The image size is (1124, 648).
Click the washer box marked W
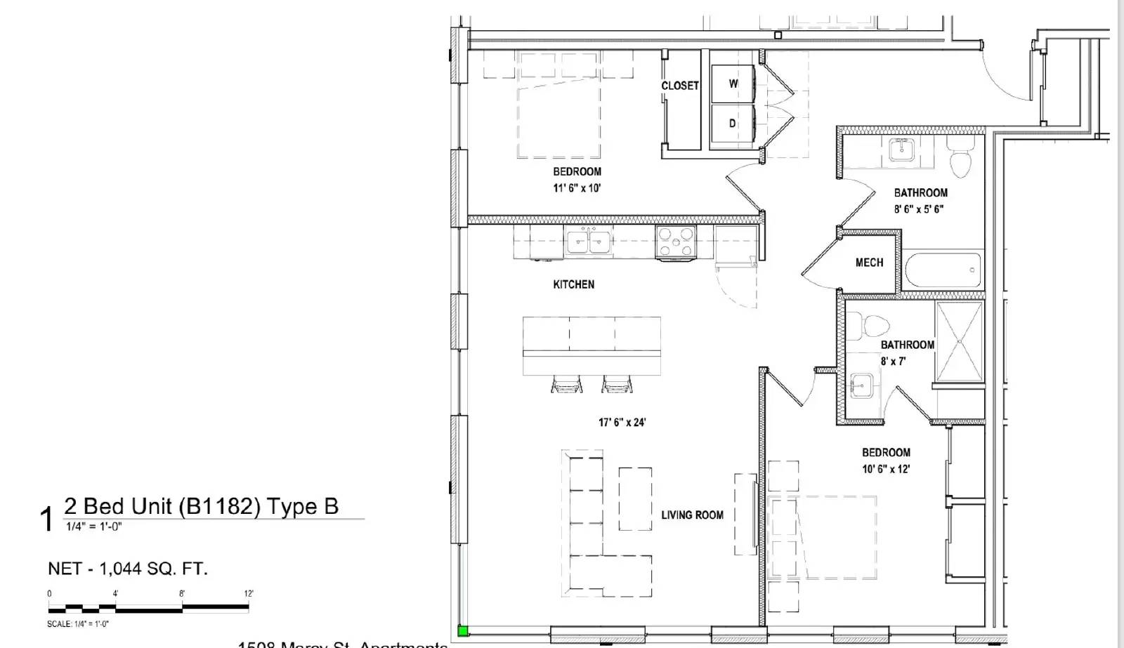733,84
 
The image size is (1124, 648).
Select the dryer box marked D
733,124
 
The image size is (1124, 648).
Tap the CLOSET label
679,86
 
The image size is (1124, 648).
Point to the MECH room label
869,263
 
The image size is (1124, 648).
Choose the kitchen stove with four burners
675,242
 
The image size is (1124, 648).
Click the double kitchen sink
589,242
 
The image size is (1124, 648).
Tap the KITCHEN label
573,284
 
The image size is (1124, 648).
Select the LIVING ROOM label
692,515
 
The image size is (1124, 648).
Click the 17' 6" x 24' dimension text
622,423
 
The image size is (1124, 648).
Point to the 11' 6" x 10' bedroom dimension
577,188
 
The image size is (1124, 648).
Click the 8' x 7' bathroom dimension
893,362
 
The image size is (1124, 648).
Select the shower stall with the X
960,343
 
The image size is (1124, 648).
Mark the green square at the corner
462,631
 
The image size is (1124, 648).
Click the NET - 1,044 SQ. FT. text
128,569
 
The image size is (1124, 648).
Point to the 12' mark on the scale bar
249,594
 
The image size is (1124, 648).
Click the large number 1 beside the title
47,520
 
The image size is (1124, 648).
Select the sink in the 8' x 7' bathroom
861,385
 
